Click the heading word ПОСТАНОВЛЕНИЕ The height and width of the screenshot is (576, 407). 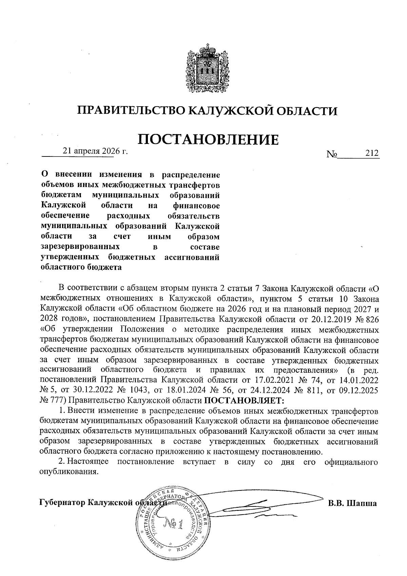208,139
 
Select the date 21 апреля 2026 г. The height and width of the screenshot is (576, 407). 95,151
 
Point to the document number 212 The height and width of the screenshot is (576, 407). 372,153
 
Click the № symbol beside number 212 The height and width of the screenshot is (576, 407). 332,154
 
